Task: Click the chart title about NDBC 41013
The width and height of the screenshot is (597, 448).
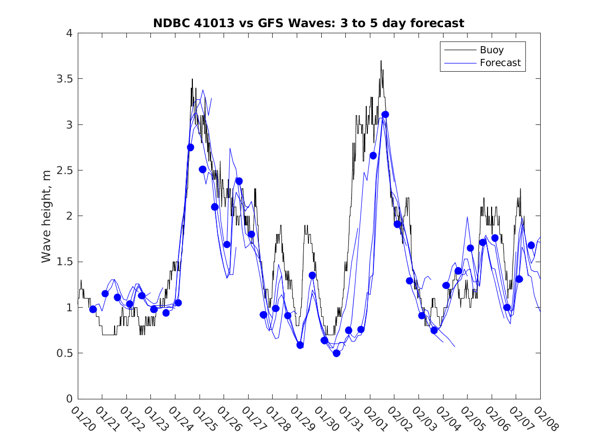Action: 308,23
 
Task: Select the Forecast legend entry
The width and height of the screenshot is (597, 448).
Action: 500,63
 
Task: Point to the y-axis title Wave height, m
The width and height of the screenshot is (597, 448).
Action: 47,216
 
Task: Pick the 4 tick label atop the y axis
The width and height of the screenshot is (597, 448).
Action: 69,33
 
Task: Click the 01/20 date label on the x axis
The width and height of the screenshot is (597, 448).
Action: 83,418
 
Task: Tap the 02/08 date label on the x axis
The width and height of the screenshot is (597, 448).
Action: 545,418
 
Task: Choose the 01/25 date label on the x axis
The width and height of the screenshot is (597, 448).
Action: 205,418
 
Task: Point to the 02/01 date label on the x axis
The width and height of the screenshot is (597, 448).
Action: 375,418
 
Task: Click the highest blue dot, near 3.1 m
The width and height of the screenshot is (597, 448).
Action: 385,114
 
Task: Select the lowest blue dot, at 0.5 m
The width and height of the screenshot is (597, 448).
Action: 336,353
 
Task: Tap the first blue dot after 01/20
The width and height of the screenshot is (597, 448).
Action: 93,309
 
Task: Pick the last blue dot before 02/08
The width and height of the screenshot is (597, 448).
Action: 531,245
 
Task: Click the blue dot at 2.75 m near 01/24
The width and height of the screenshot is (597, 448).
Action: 190,147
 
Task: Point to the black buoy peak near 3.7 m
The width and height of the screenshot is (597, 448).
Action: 381,61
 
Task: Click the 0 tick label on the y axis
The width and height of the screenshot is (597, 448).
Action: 69,399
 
